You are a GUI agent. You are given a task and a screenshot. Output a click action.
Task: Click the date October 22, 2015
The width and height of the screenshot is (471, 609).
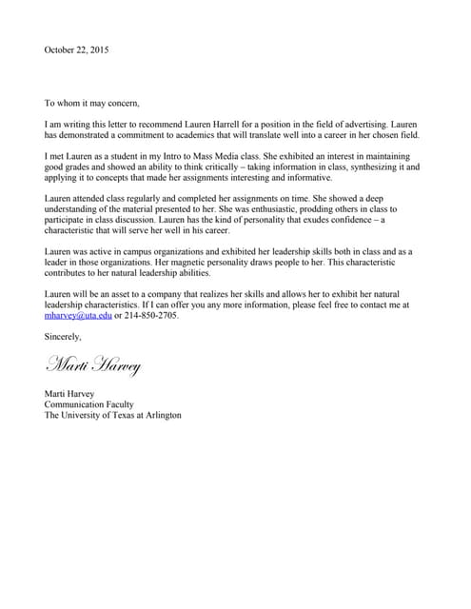coord(76,49)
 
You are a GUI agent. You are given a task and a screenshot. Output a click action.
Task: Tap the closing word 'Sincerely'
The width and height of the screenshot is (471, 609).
coord(63,336)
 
